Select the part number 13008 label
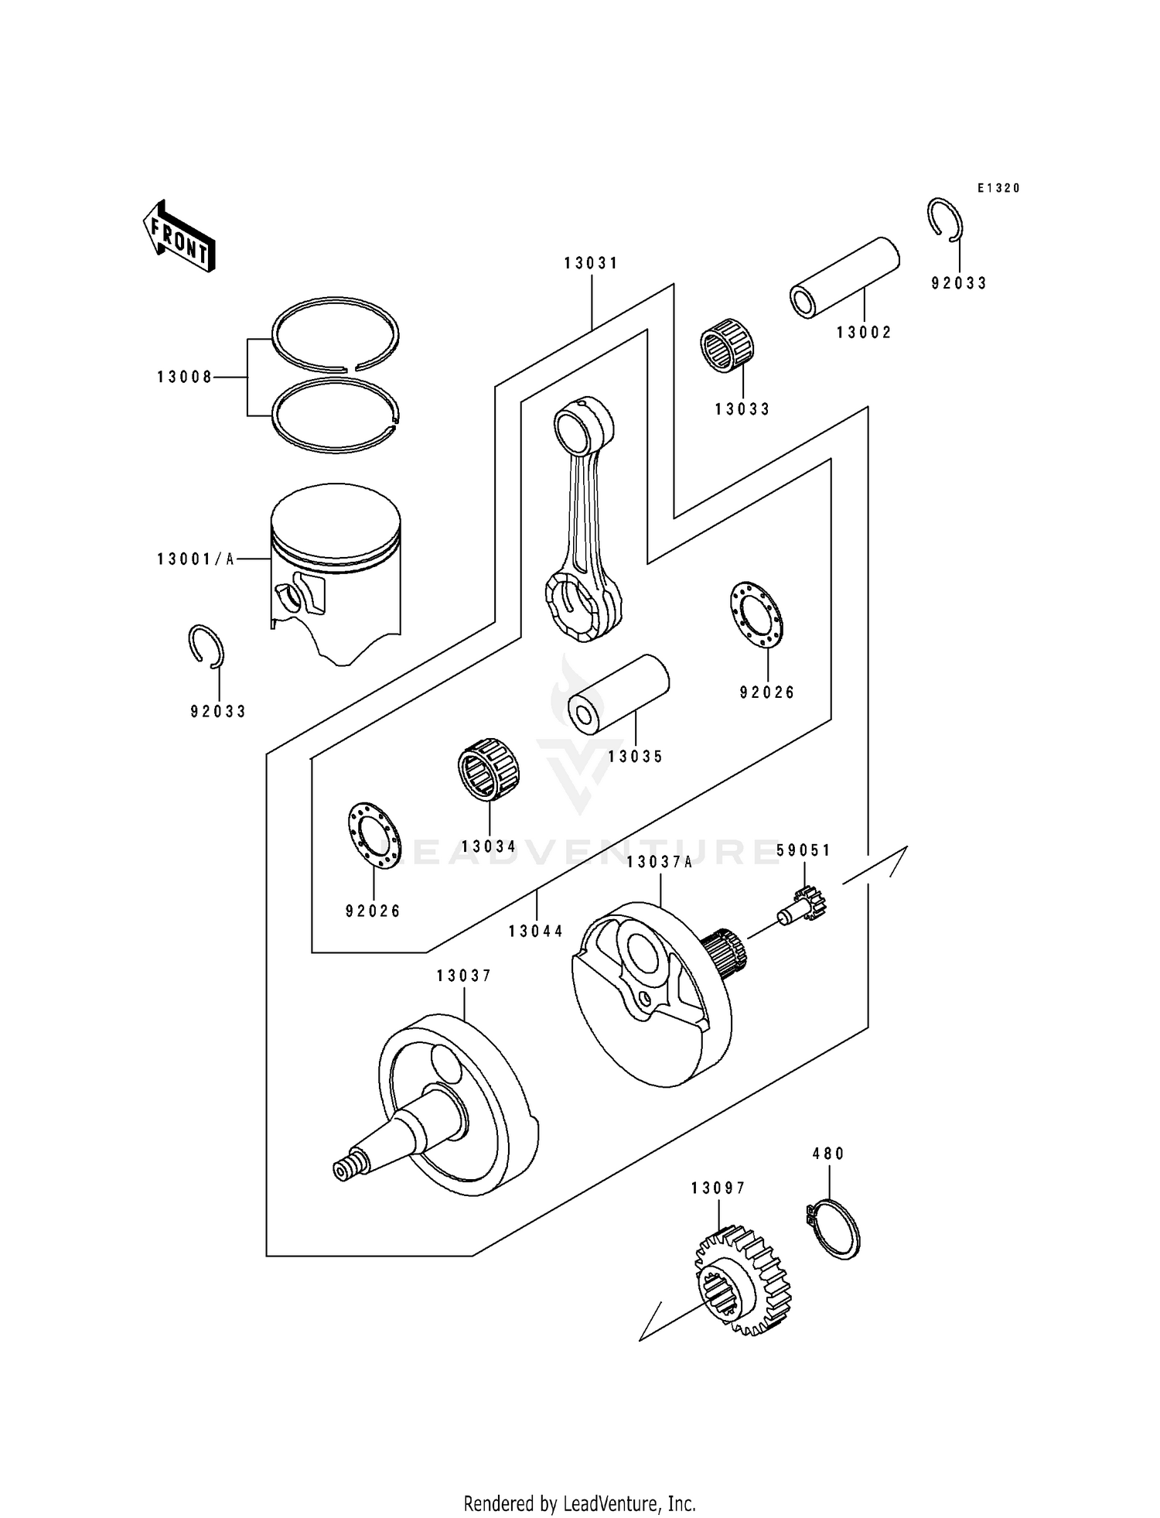(x=184, y=378)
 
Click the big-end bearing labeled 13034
(x=487, y=771)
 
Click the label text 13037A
(x=660, y=862)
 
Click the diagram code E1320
(x=998, y=188)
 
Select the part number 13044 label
(x=536, y=932)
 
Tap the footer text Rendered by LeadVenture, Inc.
(x=579, y=1503)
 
